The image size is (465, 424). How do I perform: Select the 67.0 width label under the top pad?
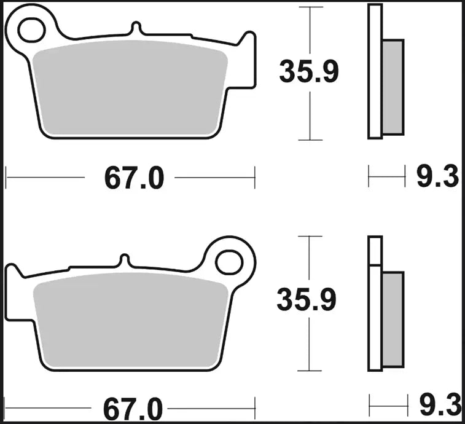tap(134, 179)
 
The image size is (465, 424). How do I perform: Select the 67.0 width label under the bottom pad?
tap(133, 408)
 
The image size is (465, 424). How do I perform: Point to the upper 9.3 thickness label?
tap(438, 178)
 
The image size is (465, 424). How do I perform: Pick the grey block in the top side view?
tap(394, 86)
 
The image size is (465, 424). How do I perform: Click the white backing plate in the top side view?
tap(375, 71)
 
